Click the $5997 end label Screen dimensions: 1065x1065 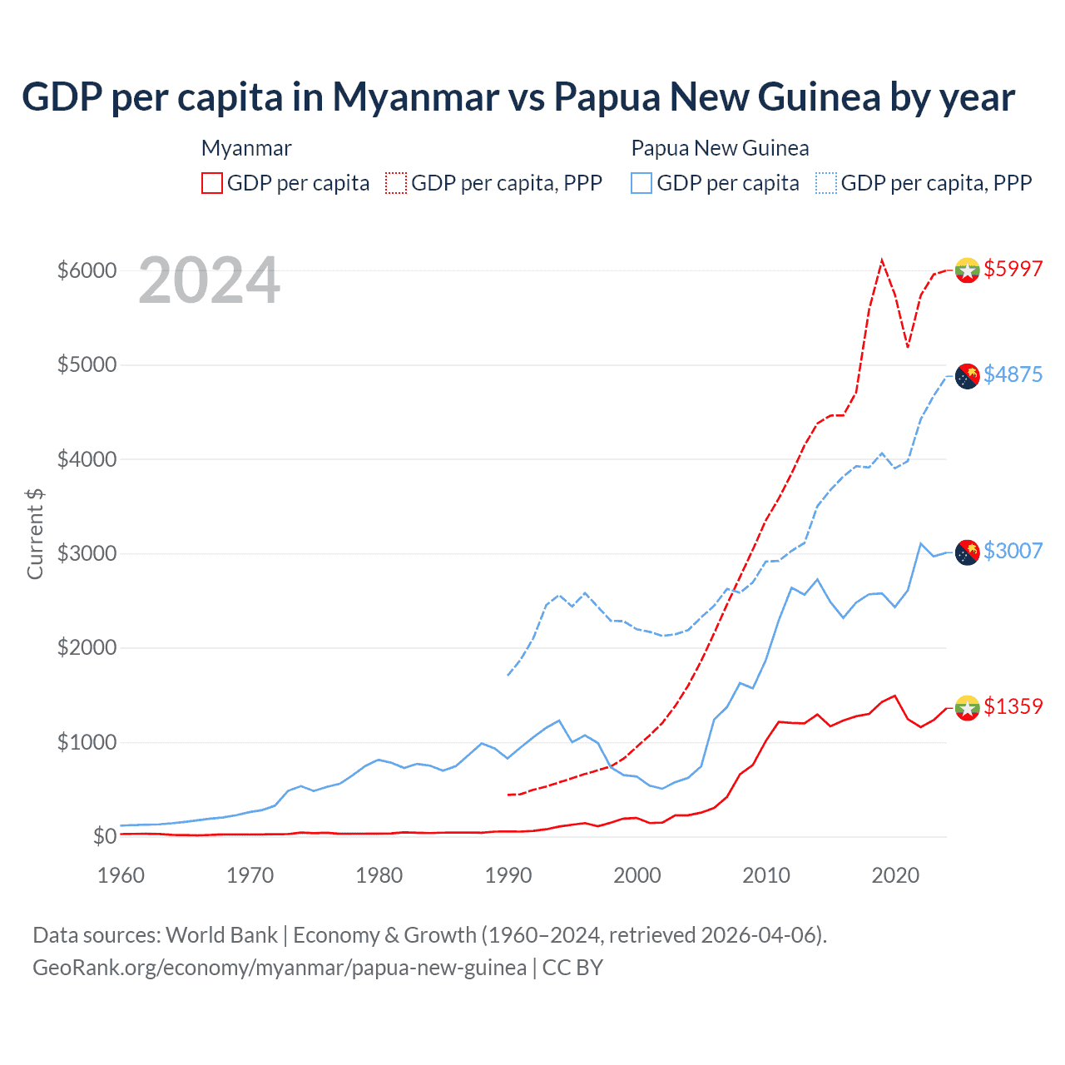(x=1013, y=269)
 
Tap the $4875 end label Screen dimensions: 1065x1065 (x=1013, y=374)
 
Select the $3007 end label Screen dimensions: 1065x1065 (x=1013, y=551)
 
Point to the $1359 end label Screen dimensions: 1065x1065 (x=1013, y=706)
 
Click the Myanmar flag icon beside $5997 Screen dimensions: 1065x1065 (x=967, y=270)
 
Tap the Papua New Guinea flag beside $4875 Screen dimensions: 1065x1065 (x=967, y=376)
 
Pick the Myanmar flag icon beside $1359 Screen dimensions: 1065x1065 (x=967, y=707)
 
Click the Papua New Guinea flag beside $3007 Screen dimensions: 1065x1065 (x=967, y=552)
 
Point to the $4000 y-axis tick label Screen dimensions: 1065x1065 (x=87, y=459)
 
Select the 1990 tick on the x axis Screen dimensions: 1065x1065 (x=508, y=875)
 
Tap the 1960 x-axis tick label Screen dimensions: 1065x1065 (x=121, y=875)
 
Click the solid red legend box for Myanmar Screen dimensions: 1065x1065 (x=212, y=183)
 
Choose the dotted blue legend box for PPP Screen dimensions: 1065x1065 (x=826, y=183)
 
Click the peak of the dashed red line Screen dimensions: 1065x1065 (x=882, y=260)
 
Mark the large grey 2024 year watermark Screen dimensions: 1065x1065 (x=209, y=280)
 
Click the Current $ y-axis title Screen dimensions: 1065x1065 (x=35, y=534)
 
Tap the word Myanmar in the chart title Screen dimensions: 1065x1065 (x=416, y=97)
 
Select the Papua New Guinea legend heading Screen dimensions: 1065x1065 (x=720, y=148)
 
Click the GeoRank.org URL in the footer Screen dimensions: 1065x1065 (x=280, y=968)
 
